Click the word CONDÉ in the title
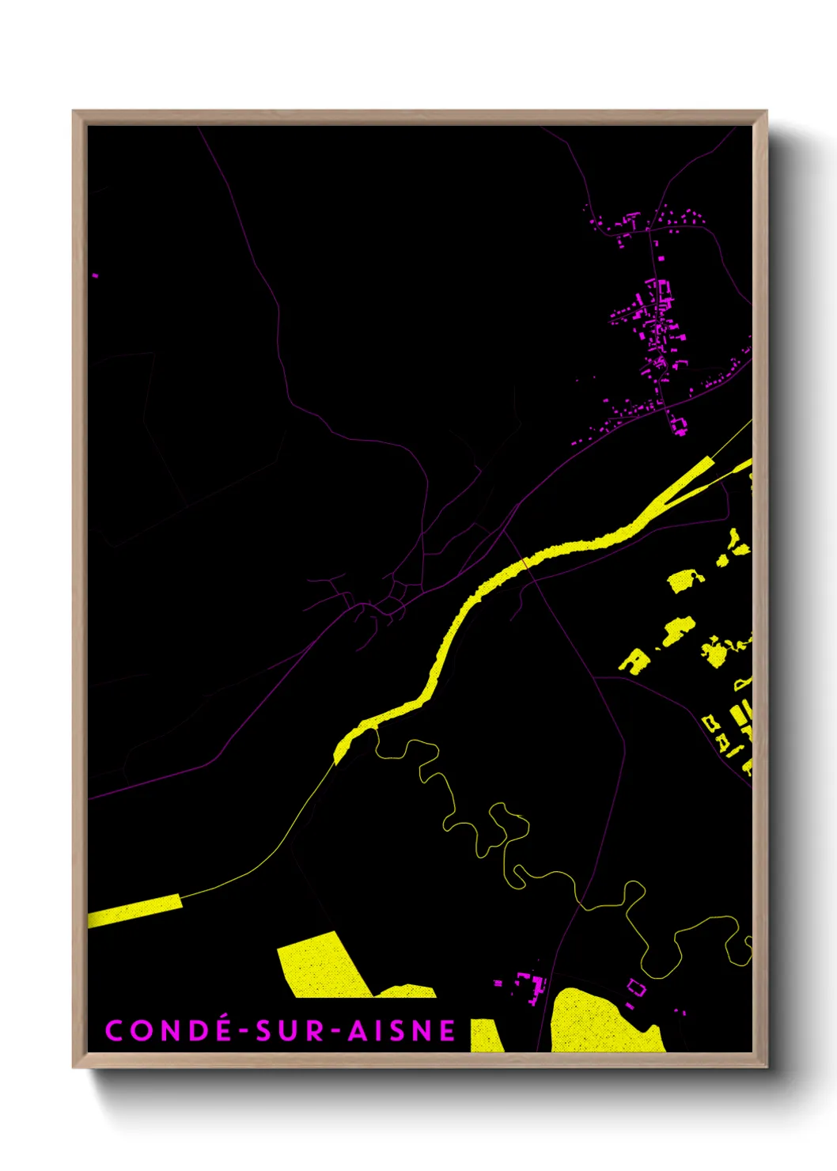point(168,1030)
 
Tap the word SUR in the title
point(290,1030)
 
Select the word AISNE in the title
point(403,1030)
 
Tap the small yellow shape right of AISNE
point(486,1036)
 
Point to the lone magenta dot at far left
point(96,275)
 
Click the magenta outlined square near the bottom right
point(636,987)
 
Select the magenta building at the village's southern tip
point(679,426)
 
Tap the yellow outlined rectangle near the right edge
point(710,722)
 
